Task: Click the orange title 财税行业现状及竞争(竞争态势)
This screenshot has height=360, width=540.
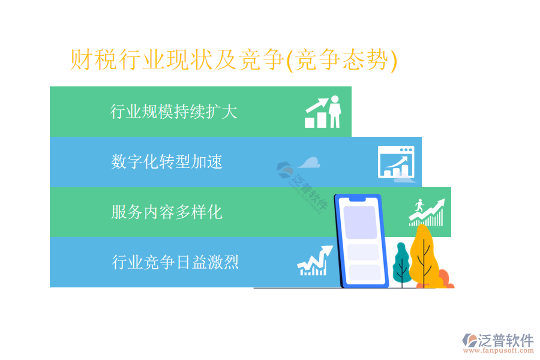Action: (x=234, y=60)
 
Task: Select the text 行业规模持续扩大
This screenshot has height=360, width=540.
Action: (x=173, y=111)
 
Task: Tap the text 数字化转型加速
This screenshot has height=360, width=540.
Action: (x=167, y=161)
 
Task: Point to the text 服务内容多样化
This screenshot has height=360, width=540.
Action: (x=167, y=212)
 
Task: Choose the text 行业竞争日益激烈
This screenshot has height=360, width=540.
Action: (x=175, y=262)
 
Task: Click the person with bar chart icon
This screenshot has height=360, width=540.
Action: (x=323, y=112)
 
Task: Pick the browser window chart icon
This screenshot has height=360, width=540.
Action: (x=396, y=161)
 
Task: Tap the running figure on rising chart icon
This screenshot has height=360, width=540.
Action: (x=427, y=212)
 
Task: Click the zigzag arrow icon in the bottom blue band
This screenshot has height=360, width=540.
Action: (x=315, y=261)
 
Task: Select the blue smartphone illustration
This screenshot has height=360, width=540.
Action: (x=361, y=241)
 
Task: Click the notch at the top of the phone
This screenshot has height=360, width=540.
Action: (x=357, y=199)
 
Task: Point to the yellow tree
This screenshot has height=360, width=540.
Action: (x=424, y=256)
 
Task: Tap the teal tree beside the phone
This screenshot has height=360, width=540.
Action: (x=401, y=264)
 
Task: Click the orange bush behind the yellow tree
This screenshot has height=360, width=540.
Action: (x=445, y=279)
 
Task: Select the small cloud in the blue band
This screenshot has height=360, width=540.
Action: (x=309, y=163)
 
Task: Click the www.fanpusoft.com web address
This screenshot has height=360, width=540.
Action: (x=499, y=350)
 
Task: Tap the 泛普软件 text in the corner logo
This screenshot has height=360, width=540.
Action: (x=506, y=340)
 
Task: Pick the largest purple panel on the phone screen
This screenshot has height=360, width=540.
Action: (x=360, y=222)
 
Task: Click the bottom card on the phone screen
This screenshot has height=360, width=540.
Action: (x=365, y=272)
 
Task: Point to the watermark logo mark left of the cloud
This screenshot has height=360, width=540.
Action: (x=284, y=169)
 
